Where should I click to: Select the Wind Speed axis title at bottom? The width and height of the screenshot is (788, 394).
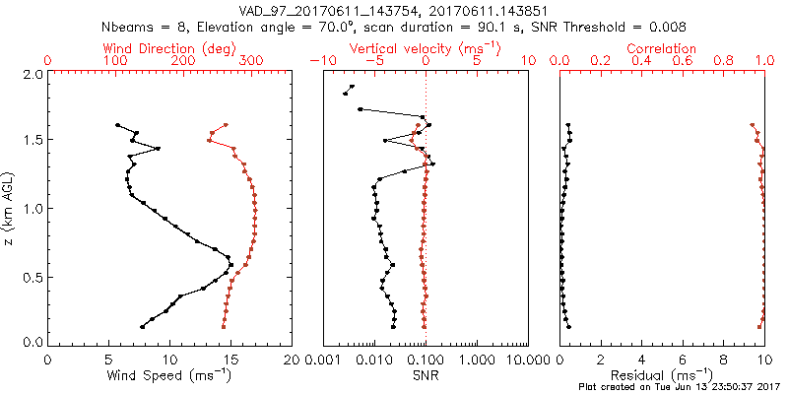[x=169, y=375]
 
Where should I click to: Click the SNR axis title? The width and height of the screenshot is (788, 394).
[x=425, y=375]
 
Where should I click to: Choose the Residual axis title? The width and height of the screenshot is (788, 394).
[x=662, y=375]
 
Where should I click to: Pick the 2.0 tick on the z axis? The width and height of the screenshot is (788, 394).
[x=33, y=75]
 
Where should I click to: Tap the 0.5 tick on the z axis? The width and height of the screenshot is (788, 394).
[x=33, y=277]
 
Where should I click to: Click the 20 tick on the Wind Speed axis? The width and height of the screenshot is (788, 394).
[x=292, y=359]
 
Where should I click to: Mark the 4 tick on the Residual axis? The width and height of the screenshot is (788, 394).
[x=641, y=359]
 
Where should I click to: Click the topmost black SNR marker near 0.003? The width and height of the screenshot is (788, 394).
[x=352, y=87]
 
